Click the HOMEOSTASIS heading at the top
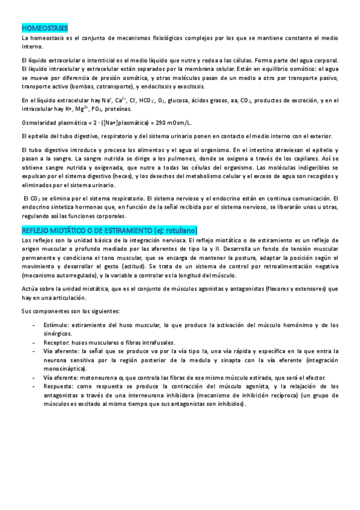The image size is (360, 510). tap(44, 28)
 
